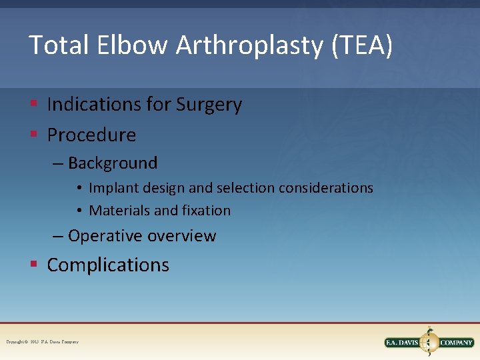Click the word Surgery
point(209,105)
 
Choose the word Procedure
point(91,135)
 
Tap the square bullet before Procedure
point(33,135)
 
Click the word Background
point(113,163)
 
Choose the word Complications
point(108,265)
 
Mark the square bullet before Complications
point(33,265)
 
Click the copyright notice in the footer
point(42,342)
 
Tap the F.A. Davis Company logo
point(429,342)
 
